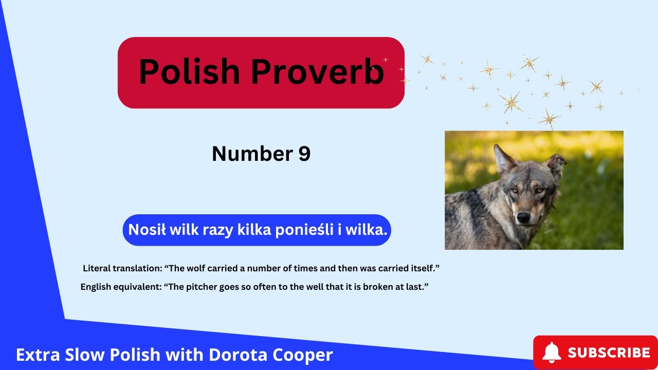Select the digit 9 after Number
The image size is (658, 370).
click(304, 154)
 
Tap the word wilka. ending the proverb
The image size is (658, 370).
click(366, 230)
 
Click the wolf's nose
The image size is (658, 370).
click(523, 217)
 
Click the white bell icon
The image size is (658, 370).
click(552, 353)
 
